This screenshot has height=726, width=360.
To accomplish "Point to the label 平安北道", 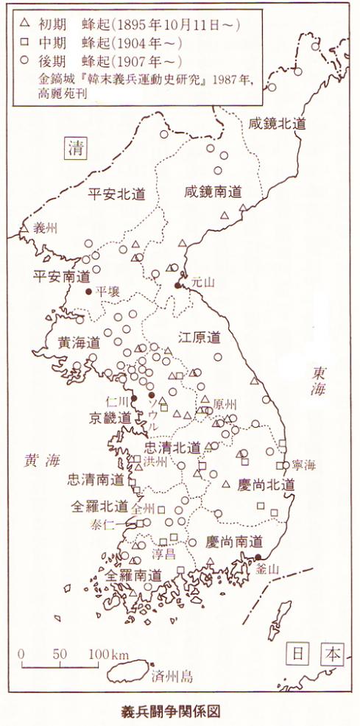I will (x=116, y=194).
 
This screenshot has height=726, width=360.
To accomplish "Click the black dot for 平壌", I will (x=89, y=292).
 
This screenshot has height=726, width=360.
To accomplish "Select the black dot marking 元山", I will (x=177, y=285).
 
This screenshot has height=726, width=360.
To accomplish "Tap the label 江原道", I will (x=200, y=338).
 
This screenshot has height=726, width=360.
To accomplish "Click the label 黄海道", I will (x=79, y=342).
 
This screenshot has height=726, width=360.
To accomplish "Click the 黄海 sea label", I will (x=41, y=460).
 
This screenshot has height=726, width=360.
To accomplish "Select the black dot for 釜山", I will (x=258, y=557).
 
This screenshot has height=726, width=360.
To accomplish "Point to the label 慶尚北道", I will (x=267, y=484).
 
